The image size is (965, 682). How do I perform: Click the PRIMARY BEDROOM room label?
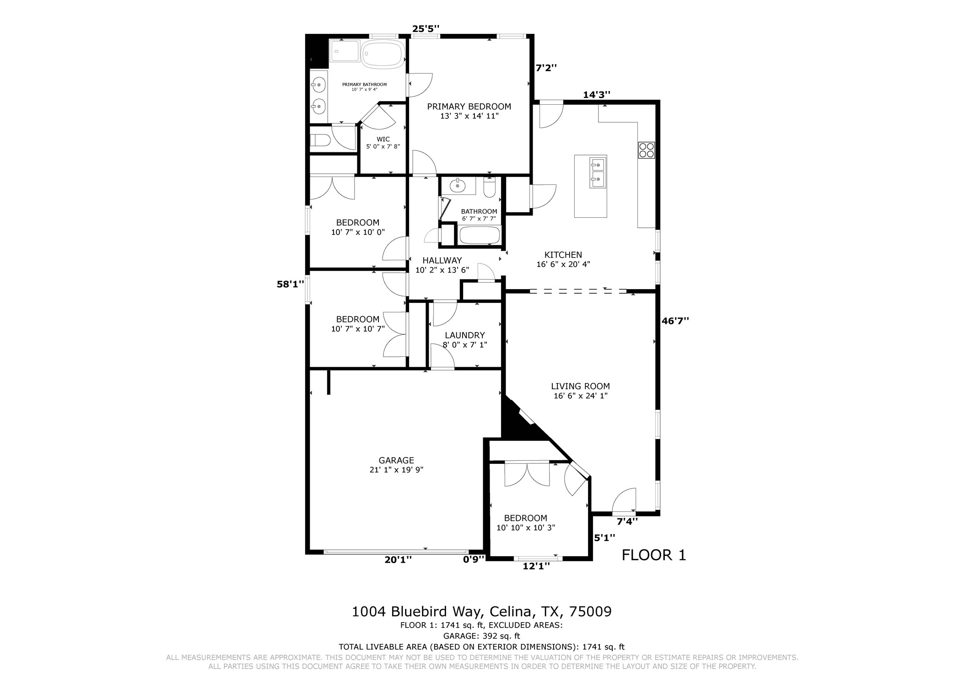[x=469, y=106]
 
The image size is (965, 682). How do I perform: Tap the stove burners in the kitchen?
[x=647, y=150]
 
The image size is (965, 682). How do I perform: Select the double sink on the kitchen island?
[x=598, y=172]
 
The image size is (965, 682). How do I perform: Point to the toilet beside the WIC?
[x=320, y=140]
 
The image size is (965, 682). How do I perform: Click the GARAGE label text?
[x=396, y=460]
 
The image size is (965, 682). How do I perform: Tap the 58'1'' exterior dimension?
[x=290, y=284]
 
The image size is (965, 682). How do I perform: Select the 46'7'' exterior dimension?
[x=675, y=321]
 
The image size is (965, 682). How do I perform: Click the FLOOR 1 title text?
[x=654, y=555]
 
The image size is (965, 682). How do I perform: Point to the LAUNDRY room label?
[x=464, y=335]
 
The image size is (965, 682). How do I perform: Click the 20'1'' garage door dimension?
[x=398, y=559]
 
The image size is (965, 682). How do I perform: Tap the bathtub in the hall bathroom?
[x=480, y=236]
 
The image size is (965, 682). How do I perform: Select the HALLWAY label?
[x=442, y=260]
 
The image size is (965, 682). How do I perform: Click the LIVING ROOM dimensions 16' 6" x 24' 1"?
[x=580, y=396]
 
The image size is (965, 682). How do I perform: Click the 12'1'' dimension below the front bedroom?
[x=536, y=566]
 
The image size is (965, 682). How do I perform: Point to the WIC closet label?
[x=383, y=139]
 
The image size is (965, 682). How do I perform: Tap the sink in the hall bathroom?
[x=458, y=186]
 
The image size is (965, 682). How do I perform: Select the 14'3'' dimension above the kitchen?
[x=596, y=95]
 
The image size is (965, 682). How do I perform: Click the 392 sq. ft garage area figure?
[x=500, y=636]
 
